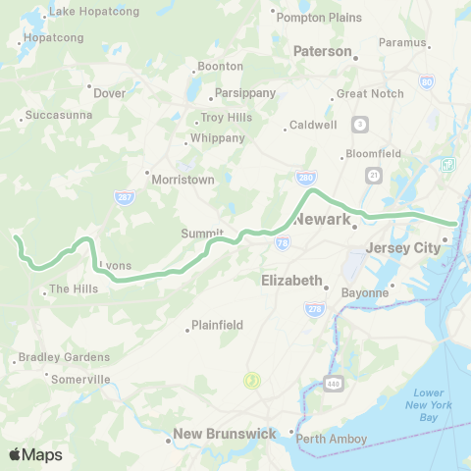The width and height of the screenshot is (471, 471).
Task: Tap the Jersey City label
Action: tap(402, 248)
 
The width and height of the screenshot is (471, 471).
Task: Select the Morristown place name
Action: tap(182, 180)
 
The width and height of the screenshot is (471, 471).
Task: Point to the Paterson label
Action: tap(321, 51)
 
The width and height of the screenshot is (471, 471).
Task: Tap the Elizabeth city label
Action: tap(292, 280)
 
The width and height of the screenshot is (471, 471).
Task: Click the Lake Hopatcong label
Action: tap(94, 11)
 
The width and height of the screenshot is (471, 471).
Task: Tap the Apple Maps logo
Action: tap(35, 454)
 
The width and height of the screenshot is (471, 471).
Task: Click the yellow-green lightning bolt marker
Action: tap(252, 380)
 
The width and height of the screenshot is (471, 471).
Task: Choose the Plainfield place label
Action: tap(217, 325)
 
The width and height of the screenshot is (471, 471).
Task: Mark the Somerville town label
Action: tap(80, 379)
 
